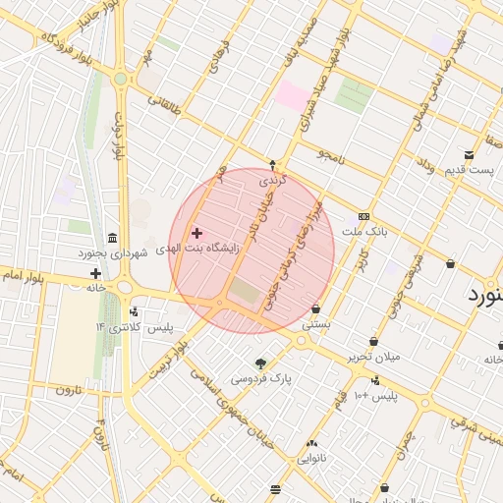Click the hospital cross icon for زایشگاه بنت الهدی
pos(196,233)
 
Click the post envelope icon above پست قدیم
pos(470,155)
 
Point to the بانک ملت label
pos(364,231)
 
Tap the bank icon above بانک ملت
pos(364,216)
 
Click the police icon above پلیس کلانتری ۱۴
pos(134,311)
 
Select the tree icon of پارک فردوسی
pos(260,363)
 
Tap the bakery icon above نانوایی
pos(311,443)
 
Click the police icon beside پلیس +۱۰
pos(376,380)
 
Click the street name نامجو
pos(328,155)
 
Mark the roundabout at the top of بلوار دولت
pos(120,79)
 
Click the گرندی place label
pos(271,181)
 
